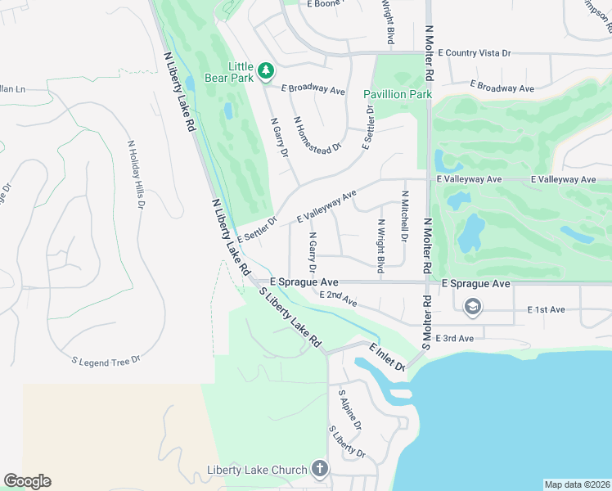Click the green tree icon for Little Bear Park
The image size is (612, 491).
click(x=265, y=72)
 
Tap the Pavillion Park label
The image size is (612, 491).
click(x=398, y=94)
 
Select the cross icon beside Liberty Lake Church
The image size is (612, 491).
click(x=319, y=469)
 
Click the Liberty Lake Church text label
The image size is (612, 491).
click(x=257, y=470)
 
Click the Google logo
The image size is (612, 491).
click(x=27, y=481)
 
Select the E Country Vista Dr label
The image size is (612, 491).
click(x=474, y=52)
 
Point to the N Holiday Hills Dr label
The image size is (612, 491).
click(x=135, y=173)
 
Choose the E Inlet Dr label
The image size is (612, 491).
click(x=387, y=357)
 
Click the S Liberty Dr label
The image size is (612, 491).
click(x=346, y=442)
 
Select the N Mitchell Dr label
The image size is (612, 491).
click(x=403, y=216)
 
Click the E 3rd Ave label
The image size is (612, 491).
click(x=455, y=338)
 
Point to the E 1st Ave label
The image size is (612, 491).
click(x=547, y=310)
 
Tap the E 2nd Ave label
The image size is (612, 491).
click(x=339, y=299)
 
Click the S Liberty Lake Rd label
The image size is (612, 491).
click(x=290, y=318)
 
